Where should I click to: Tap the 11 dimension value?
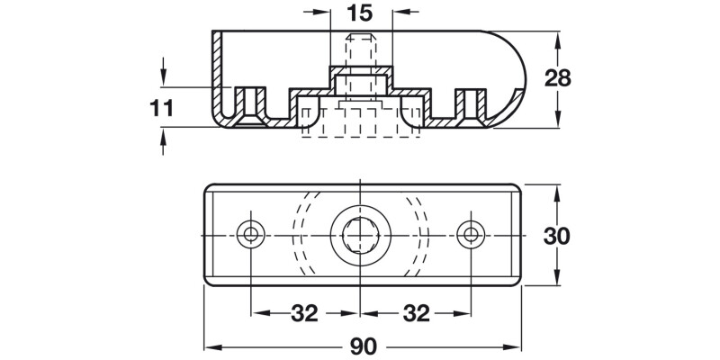pyautogui.click(x=161, y=109)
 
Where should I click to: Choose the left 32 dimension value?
pyautogui.click(x=306, y=313)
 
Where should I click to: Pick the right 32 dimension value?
pyautogui.click(x=415, y=313)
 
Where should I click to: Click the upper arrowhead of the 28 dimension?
pyautogui.click(x=559, y=39)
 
